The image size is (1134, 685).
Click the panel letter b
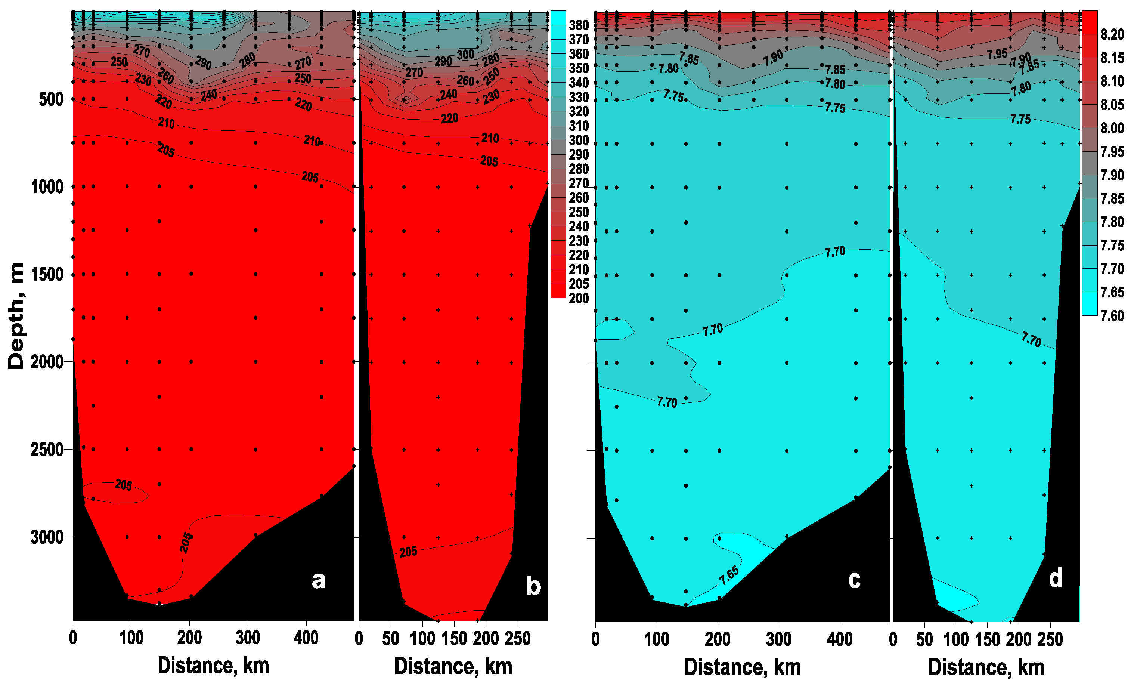click(x=533, y=586)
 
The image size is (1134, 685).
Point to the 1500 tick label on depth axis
click(x=46, y=275)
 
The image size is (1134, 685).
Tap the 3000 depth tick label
click(x=46, y=537)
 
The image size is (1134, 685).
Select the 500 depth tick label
click(x=51, y=99)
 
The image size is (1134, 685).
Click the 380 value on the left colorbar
click(x=579, y=25)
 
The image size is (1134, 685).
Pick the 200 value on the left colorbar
click(x=579, y=298)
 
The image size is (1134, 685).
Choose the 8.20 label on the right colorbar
click(x=1112, y=34)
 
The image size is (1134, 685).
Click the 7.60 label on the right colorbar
click(x=1112, y=316)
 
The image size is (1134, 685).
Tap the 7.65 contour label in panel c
click(x=729, y=576)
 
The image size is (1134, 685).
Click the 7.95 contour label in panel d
click(x=997, y=54)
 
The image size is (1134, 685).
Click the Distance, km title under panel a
click(x=213, y=666)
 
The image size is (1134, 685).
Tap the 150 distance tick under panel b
click(x=454, y=639)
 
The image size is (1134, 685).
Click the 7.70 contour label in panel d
click(x=1031, y=339)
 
